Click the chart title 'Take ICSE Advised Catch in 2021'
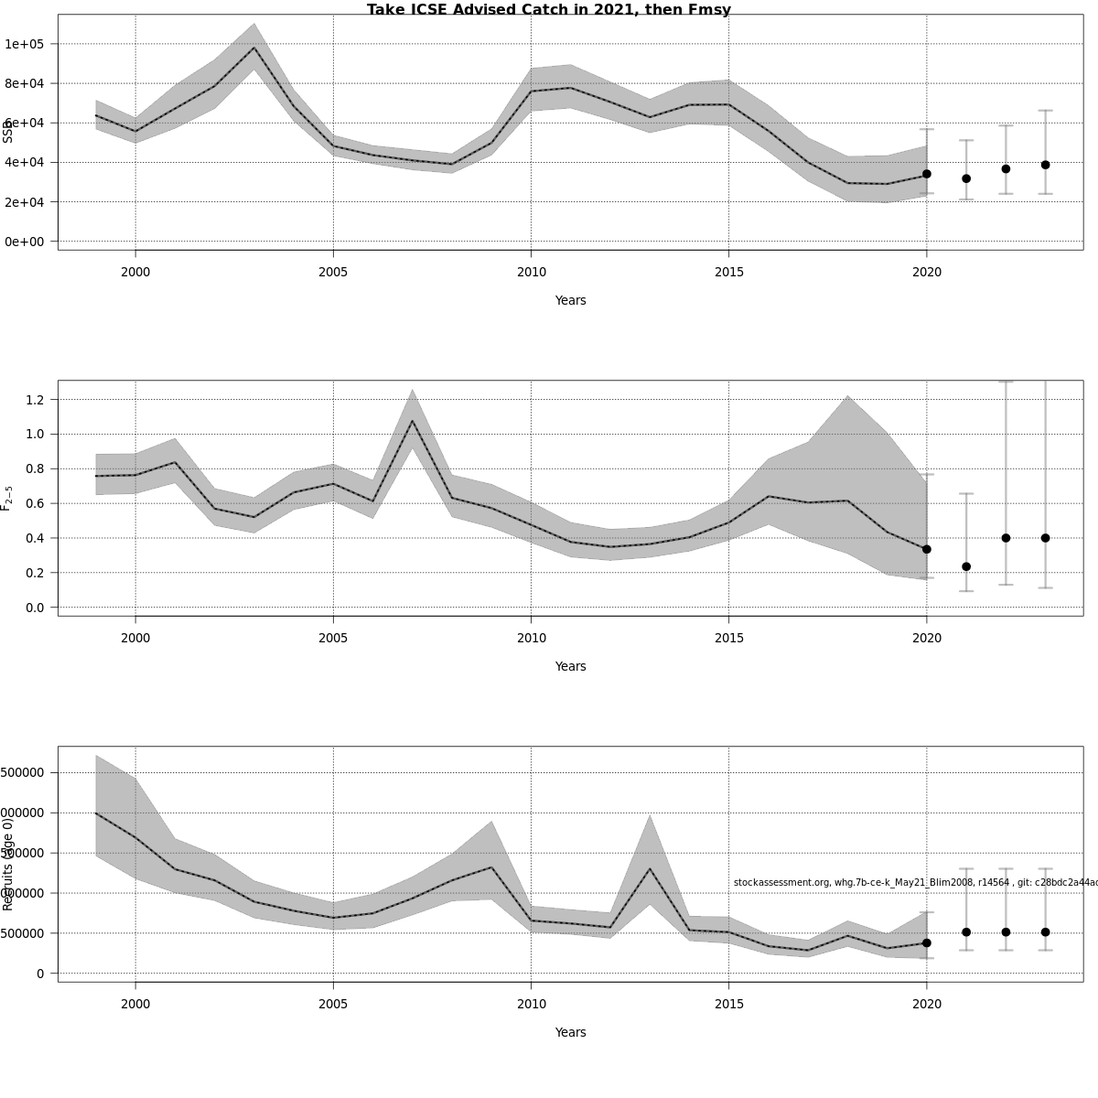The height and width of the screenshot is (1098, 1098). (548, 10)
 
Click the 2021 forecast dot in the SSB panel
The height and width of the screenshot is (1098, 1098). (966, 178)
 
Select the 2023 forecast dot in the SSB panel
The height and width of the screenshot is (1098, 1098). (1045, 165)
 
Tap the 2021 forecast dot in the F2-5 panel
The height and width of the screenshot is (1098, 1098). (966, 566)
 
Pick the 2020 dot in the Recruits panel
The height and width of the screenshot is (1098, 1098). (927, 942)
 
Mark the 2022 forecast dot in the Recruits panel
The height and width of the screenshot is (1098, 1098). (1006, 931)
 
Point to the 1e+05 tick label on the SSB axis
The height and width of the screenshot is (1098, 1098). (29, 44)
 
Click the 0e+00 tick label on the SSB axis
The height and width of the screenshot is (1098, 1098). (29, 242)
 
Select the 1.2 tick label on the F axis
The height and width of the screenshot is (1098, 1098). (36, 400)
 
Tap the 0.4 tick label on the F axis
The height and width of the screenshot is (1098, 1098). (36, 538)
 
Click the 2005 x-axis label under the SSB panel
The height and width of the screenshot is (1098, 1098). (333, 272)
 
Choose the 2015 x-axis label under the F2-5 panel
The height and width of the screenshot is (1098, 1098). (728, 638)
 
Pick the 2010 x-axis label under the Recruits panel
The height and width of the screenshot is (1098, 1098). (531, 1004)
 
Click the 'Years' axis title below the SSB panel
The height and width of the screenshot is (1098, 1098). (570, 300)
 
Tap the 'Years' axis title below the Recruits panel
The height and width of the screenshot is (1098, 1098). (570, 1032)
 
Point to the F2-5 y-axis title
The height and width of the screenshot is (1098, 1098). (7, 498)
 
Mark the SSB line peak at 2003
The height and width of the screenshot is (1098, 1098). (254, 48)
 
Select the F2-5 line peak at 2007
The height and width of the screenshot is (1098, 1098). (413, 421)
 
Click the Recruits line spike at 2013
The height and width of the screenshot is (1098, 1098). (650, 868)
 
